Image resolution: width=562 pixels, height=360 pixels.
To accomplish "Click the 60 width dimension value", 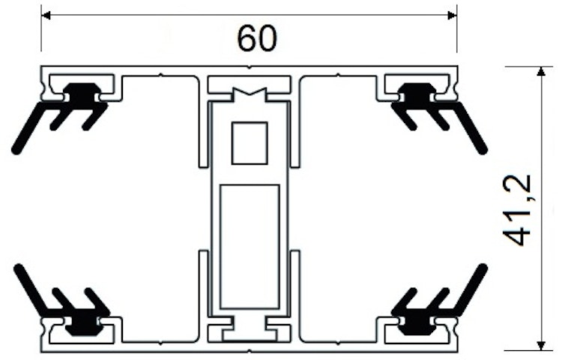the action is click(x=257, y=38).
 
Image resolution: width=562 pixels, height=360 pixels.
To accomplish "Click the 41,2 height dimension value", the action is click(x=517, y=211).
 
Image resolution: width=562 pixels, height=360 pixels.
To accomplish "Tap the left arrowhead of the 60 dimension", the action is click(x=46, y=16).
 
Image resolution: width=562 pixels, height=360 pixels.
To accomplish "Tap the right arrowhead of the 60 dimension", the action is click(x=453, y=16).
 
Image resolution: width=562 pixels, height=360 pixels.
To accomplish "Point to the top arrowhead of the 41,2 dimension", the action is click(x=541, y=71).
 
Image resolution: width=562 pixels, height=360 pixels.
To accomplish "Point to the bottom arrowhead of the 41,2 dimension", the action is click(x=541, y=345).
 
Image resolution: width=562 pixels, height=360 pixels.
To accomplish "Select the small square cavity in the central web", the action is click(x=250, y=143).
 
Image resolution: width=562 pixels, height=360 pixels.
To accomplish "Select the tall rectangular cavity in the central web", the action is click(x=250, y=247).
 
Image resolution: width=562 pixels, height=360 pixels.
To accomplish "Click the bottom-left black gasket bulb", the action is click(x=82, y=325).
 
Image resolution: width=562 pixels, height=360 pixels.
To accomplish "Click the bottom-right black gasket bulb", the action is click(x=417, y=325).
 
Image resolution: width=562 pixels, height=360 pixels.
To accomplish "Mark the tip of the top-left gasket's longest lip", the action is click(x=16, y=151).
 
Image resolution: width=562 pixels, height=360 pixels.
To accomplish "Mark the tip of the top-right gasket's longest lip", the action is click(x=483, y=151).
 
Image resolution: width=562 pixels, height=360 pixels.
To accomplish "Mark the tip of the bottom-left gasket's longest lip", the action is click(x=17, y=268).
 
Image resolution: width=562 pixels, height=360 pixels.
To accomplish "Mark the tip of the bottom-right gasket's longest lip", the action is click(x=483, y=268).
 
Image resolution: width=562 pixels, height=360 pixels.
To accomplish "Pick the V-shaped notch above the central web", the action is click(x=250, y=91).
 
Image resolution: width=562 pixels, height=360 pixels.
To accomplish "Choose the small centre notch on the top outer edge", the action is click(x=250, y=67).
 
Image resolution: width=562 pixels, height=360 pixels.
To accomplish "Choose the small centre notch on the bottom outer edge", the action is click(x=250, y=350).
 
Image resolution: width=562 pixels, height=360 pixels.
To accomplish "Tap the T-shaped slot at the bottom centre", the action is click(x=250, y=328).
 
